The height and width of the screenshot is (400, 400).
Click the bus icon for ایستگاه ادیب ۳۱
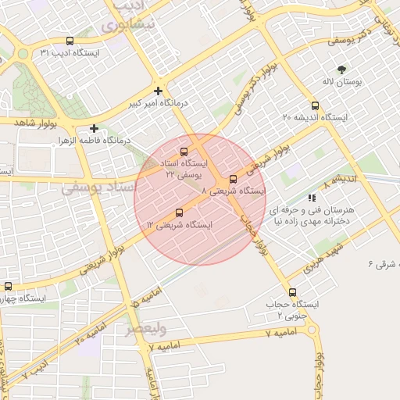click(x=70, y=41)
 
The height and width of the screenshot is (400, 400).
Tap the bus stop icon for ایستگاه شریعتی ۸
click(x=233, y=180)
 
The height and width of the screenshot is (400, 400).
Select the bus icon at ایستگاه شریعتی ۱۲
click(x=180, y=212)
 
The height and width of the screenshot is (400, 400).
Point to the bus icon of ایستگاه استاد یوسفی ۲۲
click(x=184, y=152)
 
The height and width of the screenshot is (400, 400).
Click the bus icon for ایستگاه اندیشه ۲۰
click(x=315, y=105)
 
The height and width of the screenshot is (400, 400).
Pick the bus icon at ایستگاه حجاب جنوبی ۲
click(x=292, y=292)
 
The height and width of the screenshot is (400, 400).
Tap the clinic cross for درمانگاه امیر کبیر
click(x=159, y=91)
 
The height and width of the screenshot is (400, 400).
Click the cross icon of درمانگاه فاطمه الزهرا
click(x=95, y=128)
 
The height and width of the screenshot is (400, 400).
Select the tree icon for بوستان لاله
click(x=341, y=70)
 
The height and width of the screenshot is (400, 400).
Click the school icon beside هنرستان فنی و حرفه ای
click(x=312, y=198)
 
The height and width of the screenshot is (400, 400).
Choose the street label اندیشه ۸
click(x=345, y=179)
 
